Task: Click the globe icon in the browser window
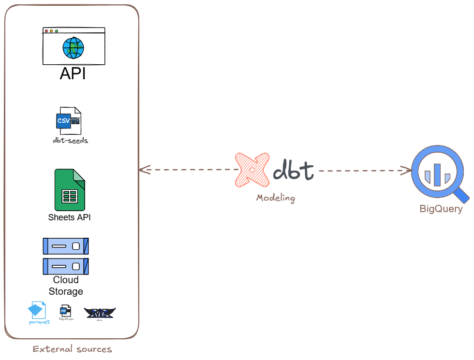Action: point(73,48)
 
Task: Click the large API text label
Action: point(73,74)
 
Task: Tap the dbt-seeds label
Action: point(71,141)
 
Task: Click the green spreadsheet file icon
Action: point(70,189)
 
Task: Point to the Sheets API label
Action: point(69,217)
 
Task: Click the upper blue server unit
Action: point(66,246)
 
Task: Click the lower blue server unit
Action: point(66,266)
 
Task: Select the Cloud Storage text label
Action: point(66,286)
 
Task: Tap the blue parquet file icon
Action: point(37,310)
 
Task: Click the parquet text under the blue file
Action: point(39,322)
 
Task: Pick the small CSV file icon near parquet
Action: point(65,311)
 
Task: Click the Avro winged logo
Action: point(100,313)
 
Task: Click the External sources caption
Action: point(72,349)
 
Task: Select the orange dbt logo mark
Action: point(252,170)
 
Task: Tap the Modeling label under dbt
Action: point(275,198)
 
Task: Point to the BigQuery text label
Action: point(441,209)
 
